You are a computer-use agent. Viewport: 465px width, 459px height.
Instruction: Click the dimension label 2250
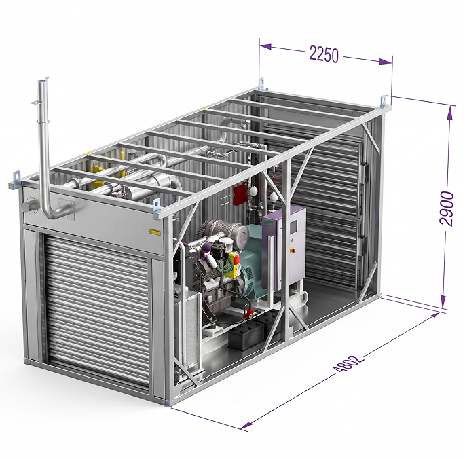click(324, 54)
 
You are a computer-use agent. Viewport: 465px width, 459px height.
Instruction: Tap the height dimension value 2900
click(447, 208)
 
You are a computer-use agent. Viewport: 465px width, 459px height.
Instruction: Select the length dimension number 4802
click(348, 363)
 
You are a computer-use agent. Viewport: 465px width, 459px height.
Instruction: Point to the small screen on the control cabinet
click(293, 226)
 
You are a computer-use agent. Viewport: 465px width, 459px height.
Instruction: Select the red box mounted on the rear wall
click(240, 194)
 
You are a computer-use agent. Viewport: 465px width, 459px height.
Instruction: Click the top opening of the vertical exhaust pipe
click(42, 81)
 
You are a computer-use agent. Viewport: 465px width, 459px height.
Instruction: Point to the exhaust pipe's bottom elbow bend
click(50, 211)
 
